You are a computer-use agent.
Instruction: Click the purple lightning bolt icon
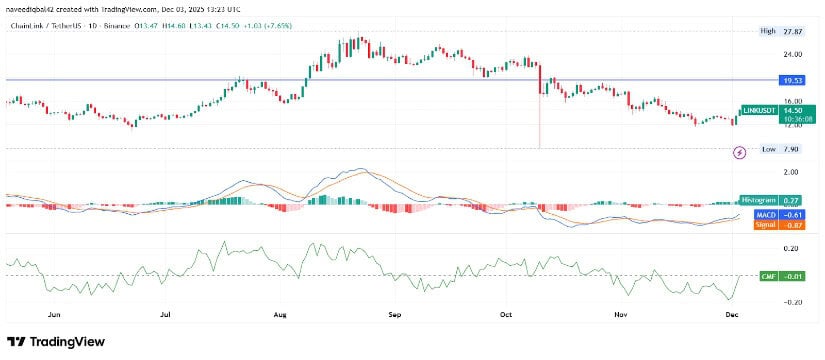coord(740,152)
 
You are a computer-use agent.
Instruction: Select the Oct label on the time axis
coord(506,313)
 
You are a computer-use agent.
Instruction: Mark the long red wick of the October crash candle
coord(539,125)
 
